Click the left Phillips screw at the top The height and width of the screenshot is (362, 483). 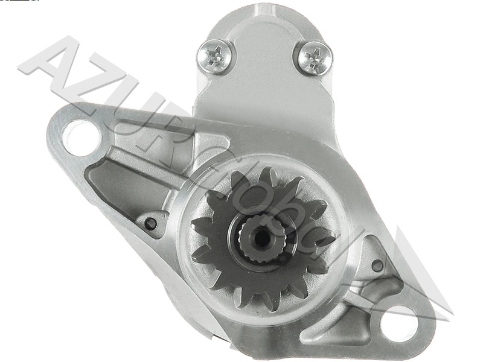(x=216, y=56)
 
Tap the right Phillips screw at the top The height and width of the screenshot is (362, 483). (x=313, y=58)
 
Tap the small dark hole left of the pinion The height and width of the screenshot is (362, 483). (x=151, y=224)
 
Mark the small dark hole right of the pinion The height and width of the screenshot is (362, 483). (x=377, y=265)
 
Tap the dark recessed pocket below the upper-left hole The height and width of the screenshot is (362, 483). (x=112, y=181)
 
